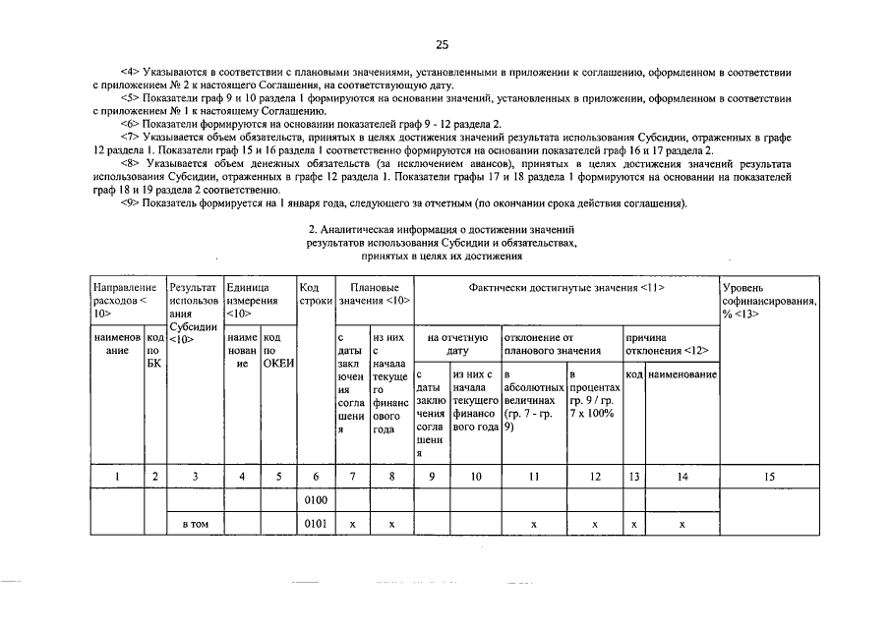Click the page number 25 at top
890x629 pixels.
(x=443, y=44)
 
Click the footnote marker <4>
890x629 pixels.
(x=130, y=73)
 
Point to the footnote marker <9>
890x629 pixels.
(x=130, y=202)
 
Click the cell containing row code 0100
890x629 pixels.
(x=315, y=500)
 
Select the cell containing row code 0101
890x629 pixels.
(x=315, y=525)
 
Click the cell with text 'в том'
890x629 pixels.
(x=195, y=525)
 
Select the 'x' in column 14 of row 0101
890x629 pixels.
(x=682, y=525)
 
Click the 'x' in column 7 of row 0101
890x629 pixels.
(x=352, y=525)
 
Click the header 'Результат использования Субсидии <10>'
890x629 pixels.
(x=194, y=313)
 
